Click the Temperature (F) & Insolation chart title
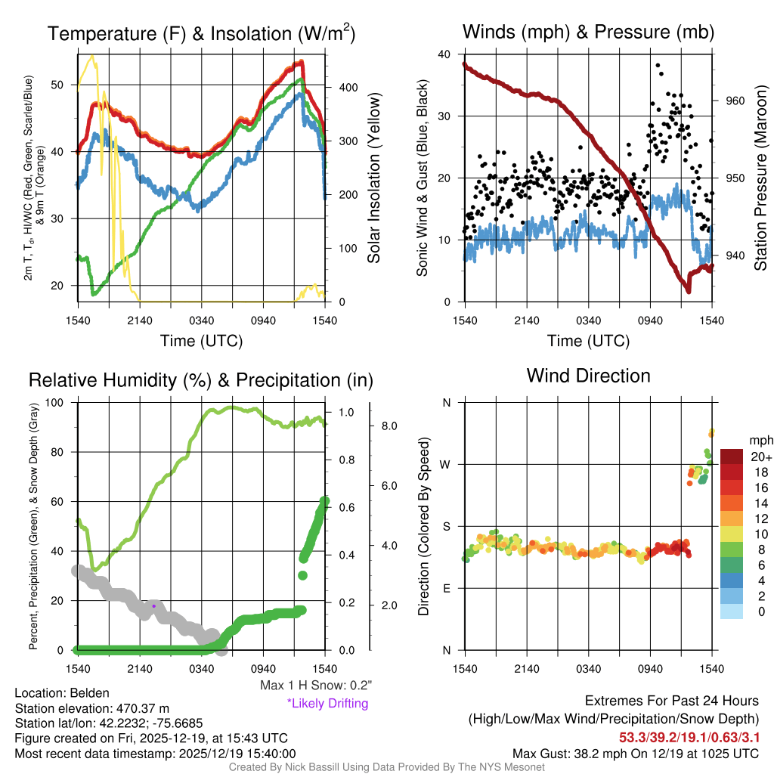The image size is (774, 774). point(201,33)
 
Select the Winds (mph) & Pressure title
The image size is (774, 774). point(588,32)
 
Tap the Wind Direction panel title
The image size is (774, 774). point(588,376)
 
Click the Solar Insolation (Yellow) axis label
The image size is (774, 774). point(373,178)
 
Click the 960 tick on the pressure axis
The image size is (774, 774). point(735,101)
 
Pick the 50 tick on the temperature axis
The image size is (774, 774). point(63,85)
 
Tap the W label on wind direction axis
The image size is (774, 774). point(446,464)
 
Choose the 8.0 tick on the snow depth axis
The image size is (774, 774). point(389,426)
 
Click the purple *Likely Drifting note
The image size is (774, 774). point(327,704)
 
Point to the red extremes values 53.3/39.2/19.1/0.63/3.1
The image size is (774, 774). point(689,736)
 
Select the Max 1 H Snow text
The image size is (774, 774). point(315,686)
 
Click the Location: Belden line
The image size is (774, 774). point(62,693)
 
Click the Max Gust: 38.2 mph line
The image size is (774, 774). point(635,753)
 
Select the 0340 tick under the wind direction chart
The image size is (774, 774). point(588,669)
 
